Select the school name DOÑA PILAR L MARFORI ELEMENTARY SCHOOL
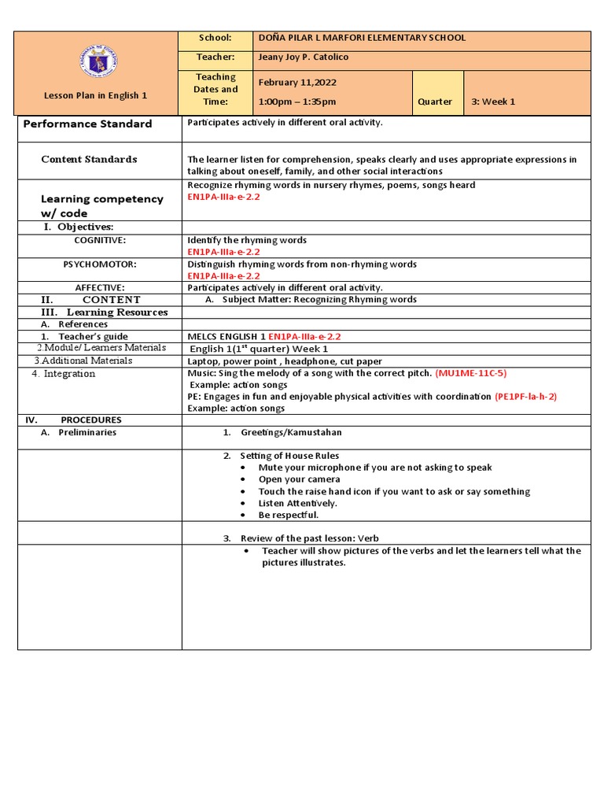(362, 38)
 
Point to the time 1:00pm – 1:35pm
(296, 102)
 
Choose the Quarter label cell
(435, 102)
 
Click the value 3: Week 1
(494, 102)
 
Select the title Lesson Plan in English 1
(95, 96)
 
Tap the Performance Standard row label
(87, 124)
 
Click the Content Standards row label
(89, 159)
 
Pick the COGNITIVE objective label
(100, 240)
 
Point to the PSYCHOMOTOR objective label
(100, 264)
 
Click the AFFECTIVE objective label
(100, 288)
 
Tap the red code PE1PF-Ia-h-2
(525, 397)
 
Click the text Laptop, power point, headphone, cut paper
(284, 361)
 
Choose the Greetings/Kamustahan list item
(291, 433)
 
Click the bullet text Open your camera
(299, 479)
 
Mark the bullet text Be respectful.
(289, 515)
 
